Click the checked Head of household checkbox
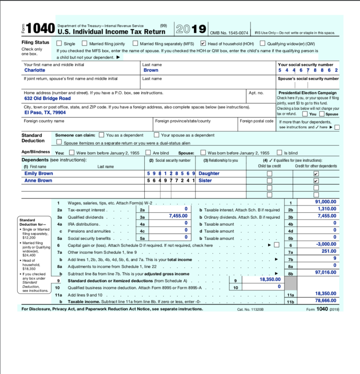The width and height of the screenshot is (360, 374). coord(203,43)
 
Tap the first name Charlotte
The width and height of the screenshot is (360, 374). coord(35,70)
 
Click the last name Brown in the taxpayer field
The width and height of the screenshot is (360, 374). coord(151,70)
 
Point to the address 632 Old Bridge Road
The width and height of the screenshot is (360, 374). coord(47,99)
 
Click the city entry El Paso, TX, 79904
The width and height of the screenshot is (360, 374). coord(45,113)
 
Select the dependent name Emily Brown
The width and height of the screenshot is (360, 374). coord(39,173)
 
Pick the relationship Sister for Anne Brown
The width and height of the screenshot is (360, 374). coord(205,180)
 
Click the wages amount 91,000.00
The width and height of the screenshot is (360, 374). coord(325,202)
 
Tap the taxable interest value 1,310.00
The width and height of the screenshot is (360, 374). coord(326,209)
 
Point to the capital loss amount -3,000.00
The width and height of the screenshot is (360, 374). coord(326,244)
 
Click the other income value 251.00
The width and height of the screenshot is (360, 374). coord(329,251)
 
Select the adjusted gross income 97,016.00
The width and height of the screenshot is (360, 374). coord(325,272)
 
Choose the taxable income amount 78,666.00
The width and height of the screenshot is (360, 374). coord(325,301)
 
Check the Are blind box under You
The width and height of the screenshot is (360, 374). coord(148,153)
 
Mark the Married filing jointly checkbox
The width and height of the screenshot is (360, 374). coord(85,43)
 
